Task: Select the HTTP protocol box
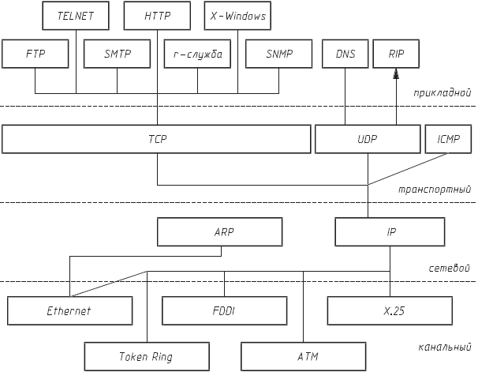158,15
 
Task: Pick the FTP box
35,54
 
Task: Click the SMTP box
117,54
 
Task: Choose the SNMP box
279,54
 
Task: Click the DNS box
345,54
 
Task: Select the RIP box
396,54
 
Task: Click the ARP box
219,232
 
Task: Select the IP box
391,232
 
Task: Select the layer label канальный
444,347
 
